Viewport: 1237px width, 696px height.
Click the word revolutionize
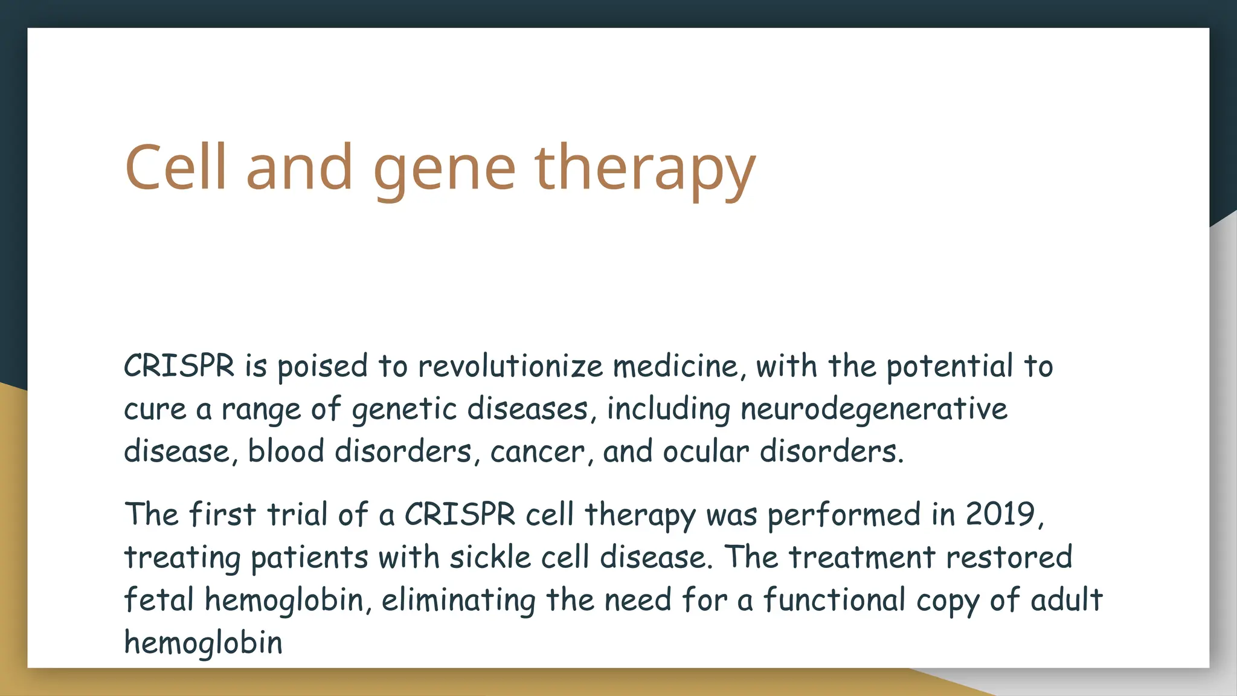point(510,367)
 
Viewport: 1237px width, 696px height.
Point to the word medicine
point(679,367)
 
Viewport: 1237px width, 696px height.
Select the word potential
point(950,367)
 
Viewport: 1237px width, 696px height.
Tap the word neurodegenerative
point(873,410)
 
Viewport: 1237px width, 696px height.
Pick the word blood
point(286,452)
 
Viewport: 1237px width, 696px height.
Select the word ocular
point(705,452)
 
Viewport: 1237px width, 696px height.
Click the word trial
point(298,515)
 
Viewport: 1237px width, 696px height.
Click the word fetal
point(159,600)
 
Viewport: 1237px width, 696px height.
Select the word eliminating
point(458,600)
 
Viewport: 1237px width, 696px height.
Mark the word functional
point(834,600)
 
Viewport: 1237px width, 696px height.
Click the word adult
point(1066,600)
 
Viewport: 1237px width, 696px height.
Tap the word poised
point(322,367)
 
